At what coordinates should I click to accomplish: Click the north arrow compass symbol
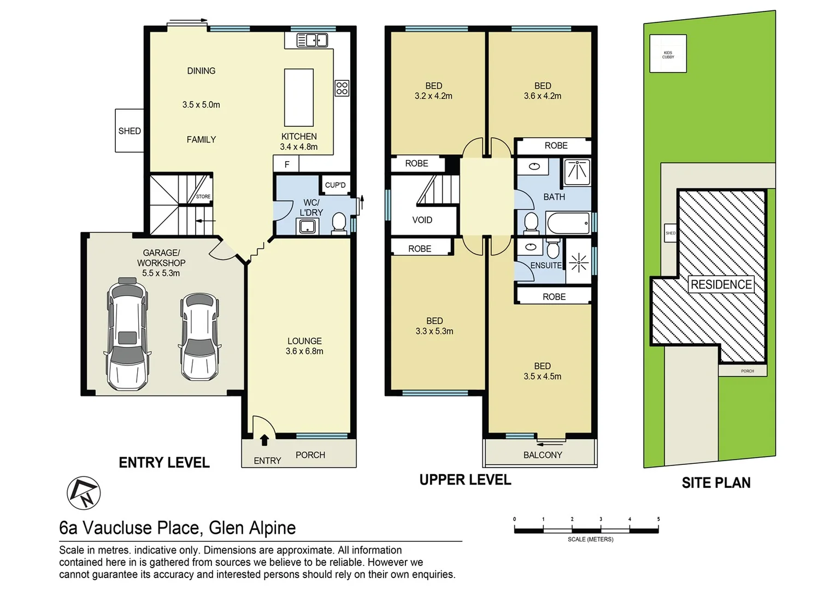click(x=84, y=493)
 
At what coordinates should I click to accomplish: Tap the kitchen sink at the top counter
click(x=312, y=40)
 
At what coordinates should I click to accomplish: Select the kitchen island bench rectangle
click(x=298, y=97)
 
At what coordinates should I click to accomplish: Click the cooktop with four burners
click(x=342, y=88)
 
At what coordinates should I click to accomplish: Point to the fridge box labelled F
click(x=286, y=164)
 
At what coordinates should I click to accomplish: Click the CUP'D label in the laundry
click(x=335, y=185)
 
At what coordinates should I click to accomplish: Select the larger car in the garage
click(x=127, y=334)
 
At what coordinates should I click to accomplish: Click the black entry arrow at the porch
click(x=264, y=440)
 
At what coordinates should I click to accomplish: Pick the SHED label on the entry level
click(x=130, y=131)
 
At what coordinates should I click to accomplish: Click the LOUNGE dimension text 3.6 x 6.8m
click(x=304, y=351)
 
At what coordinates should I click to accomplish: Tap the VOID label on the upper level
click(x=422, y=220)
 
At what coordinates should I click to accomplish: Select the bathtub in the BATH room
click(x=568, y=223)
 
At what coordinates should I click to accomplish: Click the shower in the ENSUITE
click(x=579, y=263)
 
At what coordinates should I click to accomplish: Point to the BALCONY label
click(x=542, y=455)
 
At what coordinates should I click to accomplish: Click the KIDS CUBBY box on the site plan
click(x=668, y=54)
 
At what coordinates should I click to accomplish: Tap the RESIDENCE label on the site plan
click(x=721, y=285)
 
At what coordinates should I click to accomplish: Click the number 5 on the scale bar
click(x=658, y=519)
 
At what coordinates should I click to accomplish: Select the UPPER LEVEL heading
click(x=465, y=480)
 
